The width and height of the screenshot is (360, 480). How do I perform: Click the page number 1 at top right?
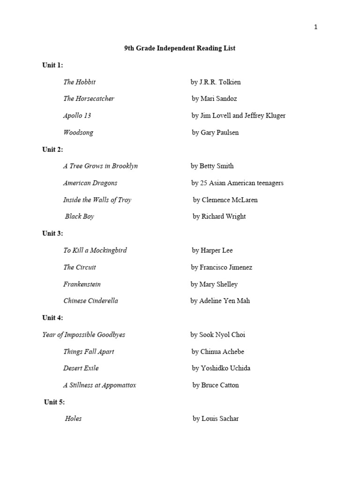click(x=315, y=27)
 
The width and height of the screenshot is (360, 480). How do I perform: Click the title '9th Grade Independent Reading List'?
click(x=180, y=48)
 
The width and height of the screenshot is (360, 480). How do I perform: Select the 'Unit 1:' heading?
click(x=52, y=65)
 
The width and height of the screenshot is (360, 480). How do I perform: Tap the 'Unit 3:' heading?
click(x=52, y=233)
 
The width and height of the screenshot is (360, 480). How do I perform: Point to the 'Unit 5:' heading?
click(x=54, y=402)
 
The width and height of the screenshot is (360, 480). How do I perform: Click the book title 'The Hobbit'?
click(x=79, y=82)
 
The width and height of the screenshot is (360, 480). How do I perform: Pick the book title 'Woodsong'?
click(x=78, y=133)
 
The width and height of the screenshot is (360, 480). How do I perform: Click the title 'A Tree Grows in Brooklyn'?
click(x=100, y=166)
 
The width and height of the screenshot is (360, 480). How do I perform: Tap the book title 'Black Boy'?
click(x=80, y=217)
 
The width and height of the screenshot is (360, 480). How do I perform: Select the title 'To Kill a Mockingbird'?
click(x=95, y=250)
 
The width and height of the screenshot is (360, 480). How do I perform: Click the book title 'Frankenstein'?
click(x=82, y=284)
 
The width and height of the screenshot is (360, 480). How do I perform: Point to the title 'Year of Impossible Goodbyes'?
click(x=83, y=335)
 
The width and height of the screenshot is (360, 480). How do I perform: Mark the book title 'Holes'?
click(x=73, y=419)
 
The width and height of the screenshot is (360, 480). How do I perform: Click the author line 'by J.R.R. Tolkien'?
click(x=216, y=82)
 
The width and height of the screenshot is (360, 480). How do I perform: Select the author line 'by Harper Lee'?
click(x=212, y=250)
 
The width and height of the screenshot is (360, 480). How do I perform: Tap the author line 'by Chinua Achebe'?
click(x=217, y=352)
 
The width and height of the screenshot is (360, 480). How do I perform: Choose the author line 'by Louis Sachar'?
click(x=215, y=419)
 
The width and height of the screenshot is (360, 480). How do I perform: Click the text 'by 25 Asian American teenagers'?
click(x=237, y=183)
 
